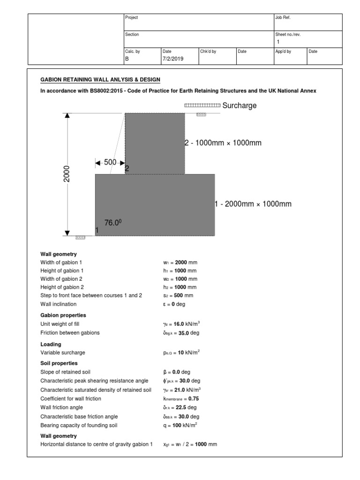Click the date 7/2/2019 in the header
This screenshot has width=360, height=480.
click(x=173, y=59)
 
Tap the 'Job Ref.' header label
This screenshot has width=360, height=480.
click(x=283, y=17)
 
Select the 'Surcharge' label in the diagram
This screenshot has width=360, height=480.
click(x=240, y=105)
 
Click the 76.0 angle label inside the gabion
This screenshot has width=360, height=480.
click(x=113, y=223)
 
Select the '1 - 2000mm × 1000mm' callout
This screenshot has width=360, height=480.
click(x=253, y=204)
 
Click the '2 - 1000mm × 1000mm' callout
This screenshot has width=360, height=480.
click(x=223, y=143)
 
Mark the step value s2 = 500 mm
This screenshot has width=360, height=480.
click(x=178, y=295)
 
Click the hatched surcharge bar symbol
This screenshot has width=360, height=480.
click(x=202, y=105)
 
